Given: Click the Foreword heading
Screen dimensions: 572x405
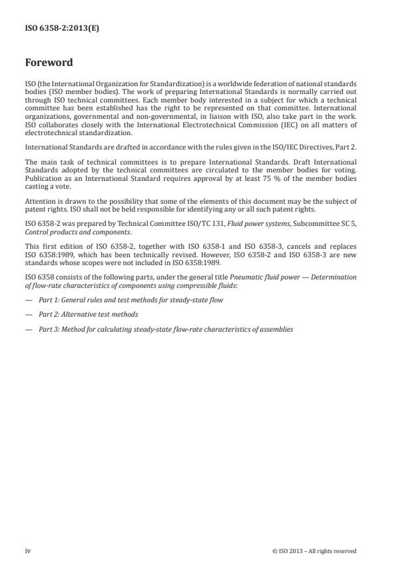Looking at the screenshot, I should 48,63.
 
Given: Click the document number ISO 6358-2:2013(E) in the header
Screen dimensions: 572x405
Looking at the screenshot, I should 62,28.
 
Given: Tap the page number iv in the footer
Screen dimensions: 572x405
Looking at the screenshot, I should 28,550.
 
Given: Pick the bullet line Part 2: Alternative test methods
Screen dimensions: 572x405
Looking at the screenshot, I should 88,314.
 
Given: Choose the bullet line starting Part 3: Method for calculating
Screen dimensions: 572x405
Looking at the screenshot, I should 165,329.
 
